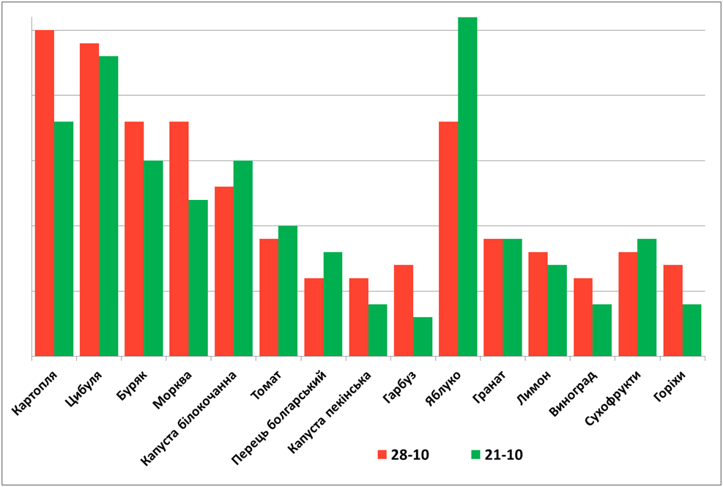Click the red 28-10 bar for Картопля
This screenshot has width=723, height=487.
[44, 193]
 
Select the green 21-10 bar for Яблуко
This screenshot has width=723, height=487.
[467, 186]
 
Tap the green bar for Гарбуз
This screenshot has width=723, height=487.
[423, 337]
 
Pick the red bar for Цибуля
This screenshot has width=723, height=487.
[89, 200]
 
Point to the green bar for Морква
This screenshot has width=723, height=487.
[199, 278]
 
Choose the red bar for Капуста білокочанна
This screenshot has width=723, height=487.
[224, 271]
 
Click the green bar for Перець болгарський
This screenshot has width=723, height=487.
[333, 304]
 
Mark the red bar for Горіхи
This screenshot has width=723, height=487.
[672, 311]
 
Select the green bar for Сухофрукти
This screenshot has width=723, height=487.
[647, 297]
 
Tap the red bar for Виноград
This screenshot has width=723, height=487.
[583, 317]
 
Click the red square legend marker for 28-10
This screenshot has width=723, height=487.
[382, 455]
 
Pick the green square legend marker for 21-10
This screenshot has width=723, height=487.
[476, 455]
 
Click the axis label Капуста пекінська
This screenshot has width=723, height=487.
[330, 409]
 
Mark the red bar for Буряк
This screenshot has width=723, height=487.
[134, 239]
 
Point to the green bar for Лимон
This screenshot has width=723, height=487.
[557, 311]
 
